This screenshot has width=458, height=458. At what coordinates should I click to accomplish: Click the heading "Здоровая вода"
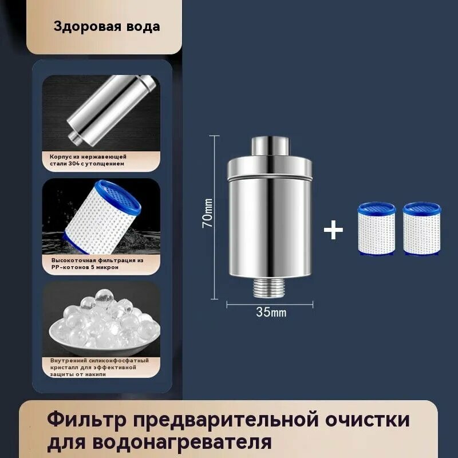click(x=107, y=26)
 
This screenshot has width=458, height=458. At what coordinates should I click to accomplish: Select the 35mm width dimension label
click(x=271, y=313)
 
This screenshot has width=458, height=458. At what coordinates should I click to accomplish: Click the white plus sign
click(x=333, y=230)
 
